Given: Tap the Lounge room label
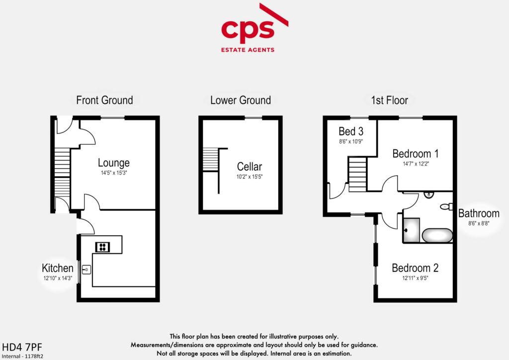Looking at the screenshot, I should pyautogui.click(x=113, y=163).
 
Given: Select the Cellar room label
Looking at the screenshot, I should pyautogui.click(x=249, y=167).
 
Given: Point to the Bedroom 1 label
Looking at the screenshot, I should pyautogui.click(x=415, y=153).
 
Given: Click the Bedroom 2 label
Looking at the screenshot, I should pyautogui.click(x=415, y=268).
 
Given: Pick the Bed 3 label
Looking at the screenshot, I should pyautogui.click(x=351, y=131).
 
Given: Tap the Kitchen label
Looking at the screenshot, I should pyautogui.click(x=58, y=269).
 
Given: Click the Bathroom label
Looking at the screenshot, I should pyautogui.click(x=479, y=213).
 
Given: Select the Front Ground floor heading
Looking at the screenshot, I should pyautogui.click(x=104, y=100).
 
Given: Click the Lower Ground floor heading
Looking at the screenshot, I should pyautogui.click(x=241, y=100).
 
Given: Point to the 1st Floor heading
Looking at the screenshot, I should pyautogui.click(x=389, y=100).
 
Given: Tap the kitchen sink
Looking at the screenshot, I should pyautogui.click(x=86, y=270).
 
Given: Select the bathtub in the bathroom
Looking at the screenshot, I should pyautogui.click(x=437, y=235).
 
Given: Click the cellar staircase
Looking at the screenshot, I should pyautogui.click(x=211, y=159).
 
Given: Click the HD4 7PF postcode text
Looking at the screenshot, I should pyautogui.click(x=18, y=346).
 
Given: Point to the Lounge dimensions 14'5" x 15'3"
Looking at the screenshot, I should pyautogui.click(x=113, y=173).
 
